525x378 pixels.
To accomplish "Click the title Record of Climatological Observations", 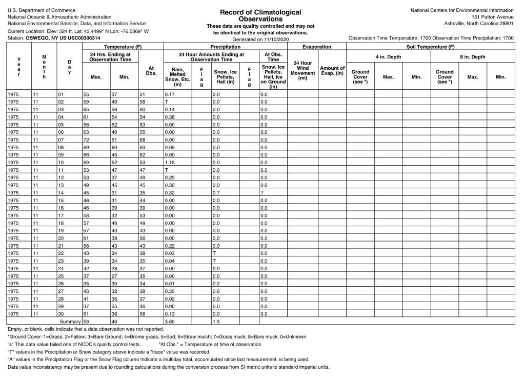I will click(x=260, y=15).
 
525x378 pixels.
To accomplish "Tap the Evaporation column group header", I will click(x=316, y=47).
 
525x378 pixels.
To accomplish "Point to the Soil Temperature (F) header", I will click(x=434, y=47).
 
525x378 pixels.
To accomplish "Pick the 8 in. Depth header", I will click(x=472, y=56).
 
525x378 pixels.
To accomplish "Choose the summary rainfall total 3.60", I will click(x=170, y=321).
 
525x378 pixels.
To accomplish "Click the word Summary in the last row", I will click(x=70, y=321).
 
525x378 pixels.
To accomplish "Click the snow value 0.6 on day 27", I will click(x=216, y=291).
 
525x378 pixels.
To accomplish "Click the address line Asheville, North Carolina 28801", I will click(x=478, y=24).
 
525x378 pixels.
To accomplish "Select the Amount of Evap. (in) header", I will click(x=332, y=70).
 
